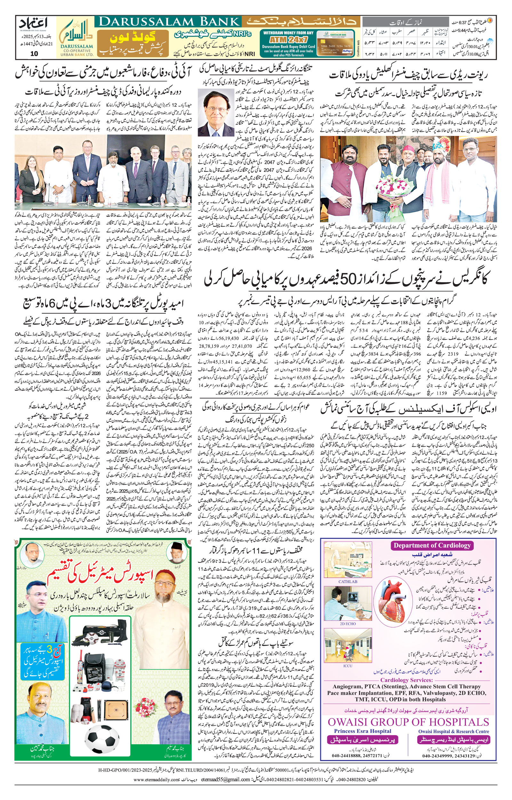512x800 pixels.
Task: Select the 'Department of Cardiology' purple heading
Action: (432, 545)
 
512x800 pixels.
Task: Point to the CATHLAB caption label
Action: (348, 582)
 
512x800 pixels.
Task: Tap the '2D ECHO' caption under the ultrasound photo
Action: (348, 623)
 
